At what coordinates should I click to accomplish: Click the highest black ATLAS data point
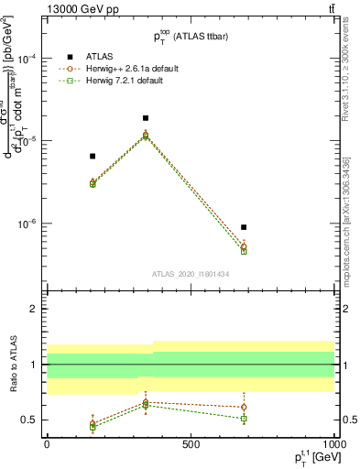tap(146, 118)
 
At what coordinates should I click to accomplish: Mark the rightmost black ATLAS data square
tap(244, 227)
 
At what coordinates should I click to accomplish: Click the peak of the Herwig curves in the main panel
tap(146, 136)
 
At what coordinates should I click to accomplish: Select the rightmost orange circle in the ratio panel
tap(244, 407)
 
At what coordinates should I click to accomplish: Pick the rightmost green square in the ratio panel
tap(244, 419)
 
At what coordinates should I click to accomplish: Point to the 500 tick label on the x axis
tap(191, 443)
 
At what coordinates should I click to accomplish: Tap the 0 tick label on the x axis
tap(47, 443)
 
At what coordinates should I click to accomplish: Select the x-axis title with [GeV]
tap(309, 457)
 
